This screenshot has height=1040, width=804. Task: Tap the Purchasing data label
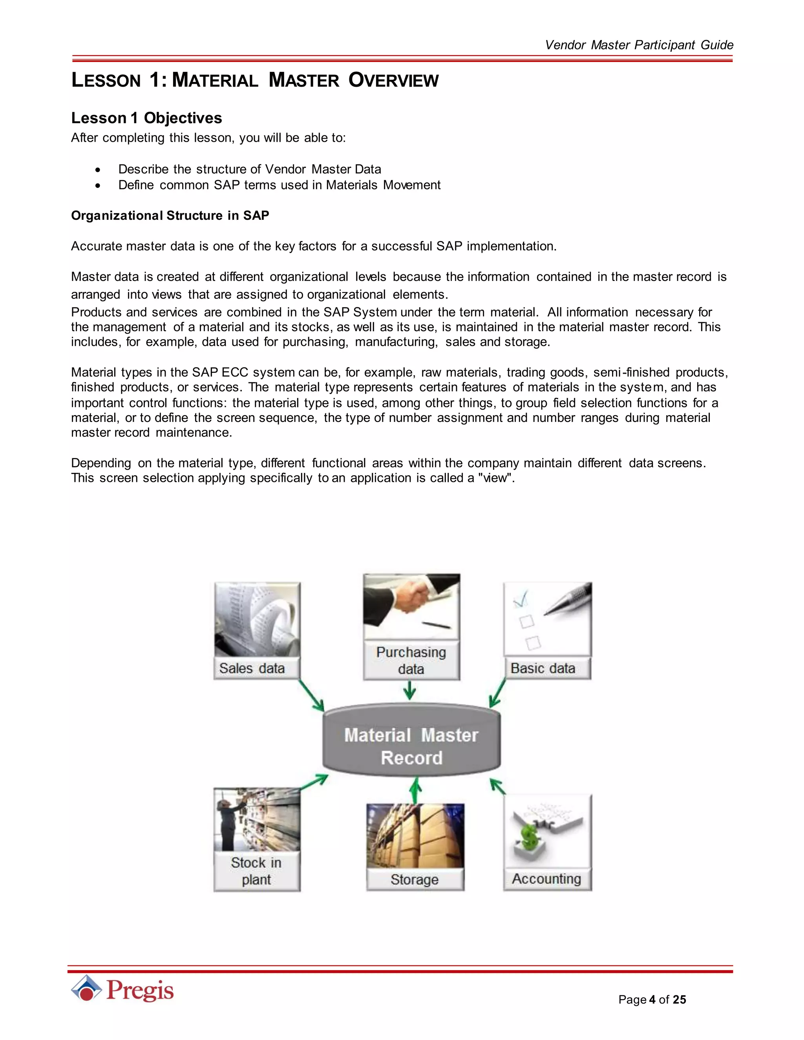pyautogui.click(x=411, y=660)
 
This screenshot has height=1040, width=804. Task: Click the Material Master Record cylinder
pyautogui.click(x=411, y=746)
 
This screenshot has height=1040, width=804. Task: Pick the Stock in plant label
pyautogui.click(x=256, y=871)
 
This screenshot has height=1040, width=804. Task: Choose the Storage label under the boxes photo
pyautogui.click(x=415, y=879)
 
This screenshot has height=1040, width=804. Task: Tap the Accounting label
pyautogui.click(x=547, y=879)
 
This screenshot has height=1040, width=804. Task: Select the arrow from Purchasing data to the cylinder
pyautogui.click(x=409, y=690)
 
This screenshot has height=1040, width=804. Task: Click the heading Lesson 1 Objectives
pyautogui.click(x=146, y=118)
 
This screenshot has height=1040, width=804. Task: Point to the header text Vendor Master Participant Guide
pyautogui.click(x=639, y=45)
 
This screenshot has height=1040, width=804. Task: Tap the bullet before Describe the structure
pyautogui.click(x=98, y=170)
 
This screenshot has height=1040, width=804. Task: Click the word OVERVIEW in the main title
pyautogui.click(x=393, y=80)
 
